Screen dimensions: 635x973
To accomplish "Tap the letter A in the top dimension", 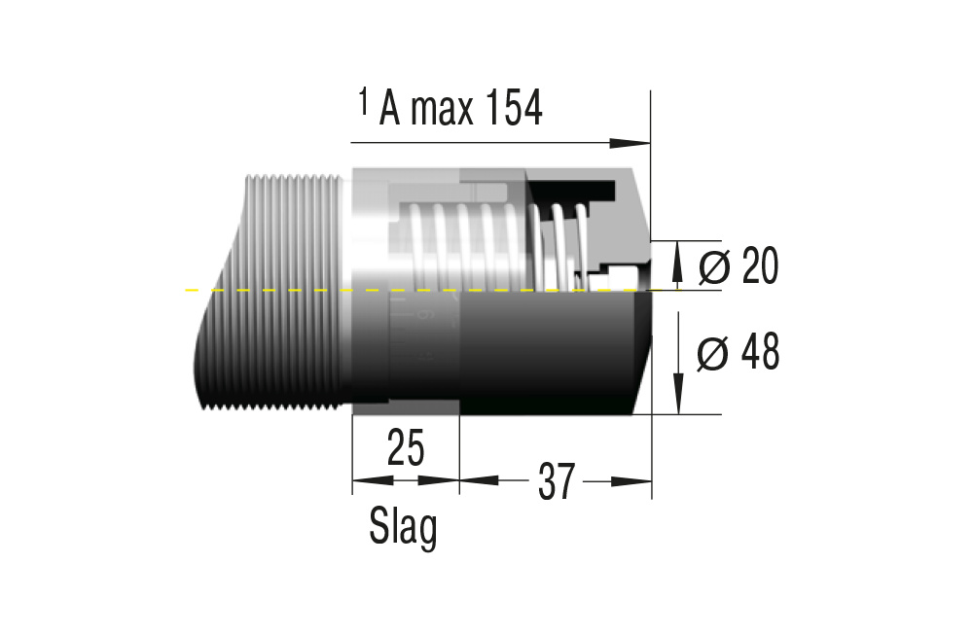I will tap(389, 111).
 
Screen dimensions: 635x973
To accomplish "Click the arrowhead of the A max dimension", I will tap(636, 143).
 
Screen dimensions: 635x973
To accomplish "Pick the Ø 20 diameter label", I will tap(739, 265).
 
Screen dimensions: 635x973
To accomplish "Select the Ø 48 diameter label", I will tap(739, 354).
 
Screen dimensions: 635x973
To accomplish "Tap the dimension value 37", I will tap(555, 481).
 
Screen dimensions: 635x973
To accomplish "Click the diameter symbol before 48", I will tap(712, 355).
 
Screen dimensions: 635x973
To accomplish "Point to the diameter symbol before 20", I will tap(713, 266).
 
